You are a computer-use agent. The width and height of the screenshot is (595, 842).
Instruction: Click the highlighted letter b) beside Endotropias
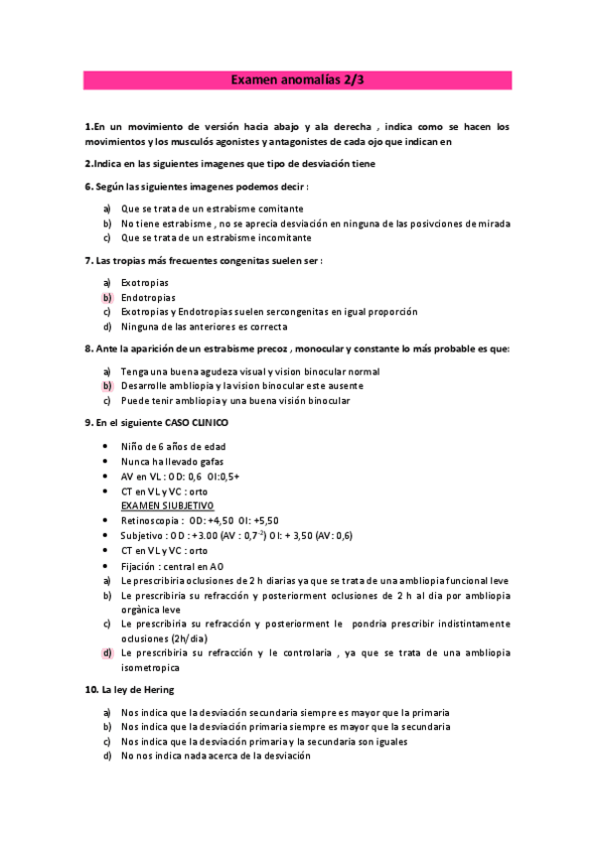click(106, 297)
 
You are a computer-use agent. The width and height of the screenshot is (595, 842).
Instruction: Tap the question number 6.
click(88, 187)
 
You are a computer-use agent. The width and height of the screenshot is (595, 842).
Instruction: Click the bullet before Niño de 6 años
click(106, 447)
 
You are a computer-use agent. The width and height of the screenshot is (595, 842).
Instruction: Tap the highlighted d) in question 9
click(106, 653)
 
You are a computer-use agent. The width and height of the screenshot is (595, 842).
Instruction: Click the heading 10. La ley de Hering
click(131, 689)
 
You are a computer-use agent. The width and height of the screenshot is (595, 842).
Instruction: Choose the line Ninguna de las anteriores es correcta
click(204, 326)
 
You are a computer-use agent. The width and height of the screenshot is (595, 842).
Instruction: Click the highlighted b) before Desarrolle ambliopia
click(106, 385)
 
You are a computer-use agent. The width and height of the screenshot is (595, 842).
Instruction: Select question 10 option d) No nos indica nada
click(215, 756)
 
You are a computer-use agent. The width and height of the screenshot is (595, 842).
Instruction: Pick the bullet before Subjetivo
click(106, 535)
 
